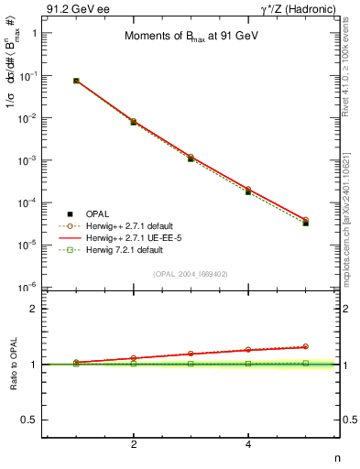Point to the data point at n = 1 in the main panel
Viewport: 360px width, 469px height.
(x=76, y=81)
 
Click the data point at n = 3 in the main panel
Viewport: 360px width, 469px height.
(x=191, y=158)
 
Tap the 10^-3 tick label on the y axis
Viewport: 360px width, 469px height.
(x=27, y=160)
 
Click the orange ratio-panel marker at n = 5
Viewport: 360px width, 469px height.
(x=305, y=346)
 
